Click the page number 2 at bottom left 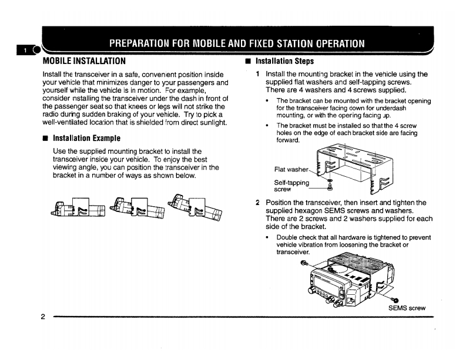click(43, 318)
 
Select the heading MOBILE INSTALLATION click(84, 60)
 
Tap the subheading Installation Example click(86, 139)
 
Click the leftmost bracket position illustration click(79, 208)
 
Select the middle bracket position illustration click(139, 209)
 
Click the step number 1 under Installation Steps click(258, 75)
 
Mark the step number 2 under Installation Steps click(258, 203)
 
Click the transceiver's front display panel click(326, 285)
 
